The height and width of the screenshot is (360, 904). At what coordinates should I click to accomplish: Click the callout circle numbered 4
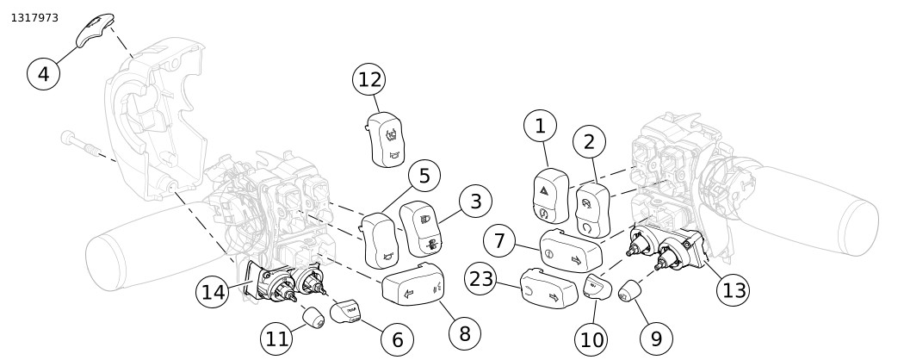[44, 72]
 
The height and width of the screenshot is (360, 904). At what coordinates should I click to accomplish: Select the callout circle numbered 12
[369, 80]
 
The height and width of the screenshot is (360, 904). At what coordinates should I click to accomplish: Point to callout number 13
[734, 290]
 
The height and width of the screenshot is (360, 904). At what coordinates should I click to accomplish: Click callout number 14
[214, 293]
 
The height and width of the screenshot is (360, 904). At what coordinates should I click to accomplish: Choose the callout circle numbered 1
[541, 127]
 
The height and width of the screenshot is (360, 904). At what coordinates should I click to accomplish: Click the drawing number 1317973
[34, 17]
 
